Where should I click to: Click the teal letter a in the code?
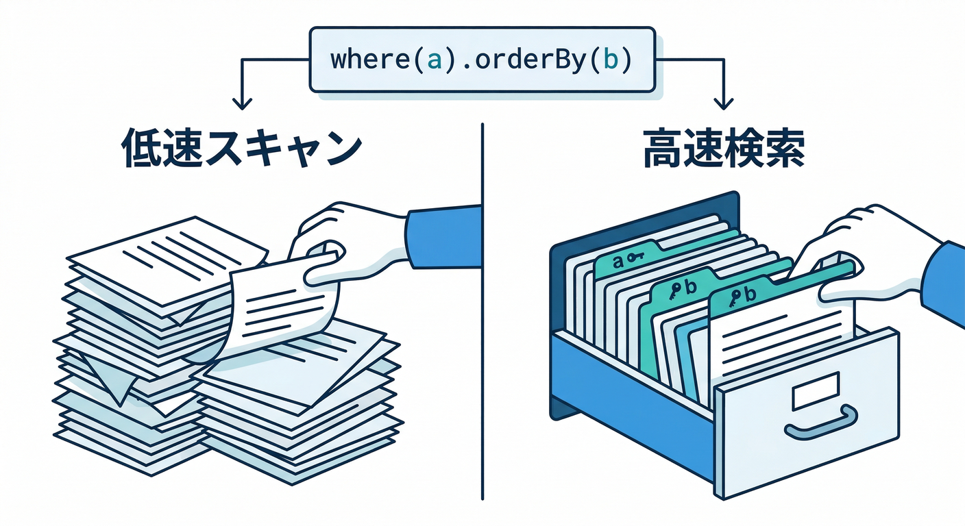point(433,60)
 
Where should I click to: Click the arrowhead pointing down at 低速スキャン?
point(241,103)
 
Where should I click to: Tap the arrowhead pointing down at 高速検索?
point(721,103)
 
